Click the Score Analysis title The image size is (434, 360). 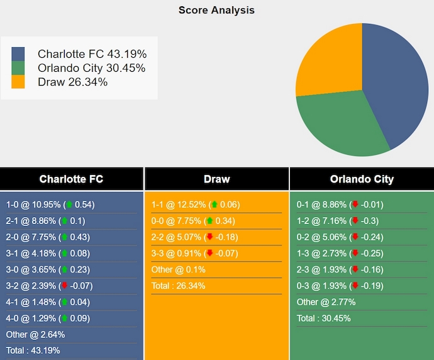(216, 10)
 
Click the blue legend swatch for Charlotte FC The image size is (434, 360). (18, 54)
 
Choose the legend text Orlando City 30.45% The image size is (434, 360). (91, 68)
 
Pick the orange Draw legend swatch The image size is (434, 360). (18, 82)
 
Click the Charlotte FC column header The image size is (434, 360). (71, 179)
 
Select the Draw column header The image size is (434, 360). (216, 179)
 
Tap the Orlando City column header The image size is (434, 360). (362, 179)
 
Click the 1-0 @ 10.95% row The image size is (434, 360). (50, 205)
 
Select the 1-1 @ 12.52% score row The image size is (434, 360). (195, 205)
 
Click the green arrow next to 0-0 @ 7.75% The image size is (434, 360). (209, 221)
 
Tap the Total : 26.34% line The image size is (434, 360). (178, 286)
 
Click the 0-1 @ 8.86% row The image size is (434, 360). (340, 205)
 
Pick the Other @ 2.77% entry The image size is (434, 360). (326, 302)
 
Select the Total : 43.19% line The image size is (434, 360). (33, 351)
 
